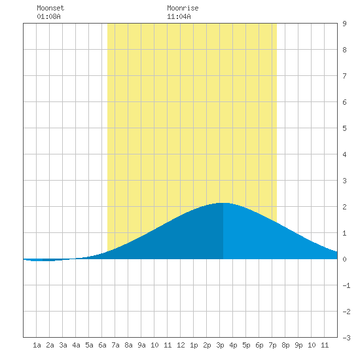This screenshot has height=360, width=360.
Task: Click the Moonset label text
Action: pos(50,8)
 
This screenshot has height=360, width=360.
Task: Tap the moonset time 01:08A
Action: pos(48,16)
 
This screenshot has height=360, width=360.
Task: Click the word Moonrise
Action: pos(183,8)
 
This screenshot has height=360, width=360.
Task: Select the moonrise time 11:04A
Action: pos(179,16)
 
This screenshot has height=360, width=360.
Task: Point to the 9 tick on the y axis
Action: pos(344,24)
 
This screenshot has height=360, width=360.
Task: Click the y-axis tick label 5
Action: pos(344,128)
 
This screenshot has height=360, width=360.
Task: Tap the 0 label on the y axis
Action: pos(344,259)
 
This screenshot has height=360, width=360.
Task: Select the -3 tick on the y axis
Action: pos(346,338)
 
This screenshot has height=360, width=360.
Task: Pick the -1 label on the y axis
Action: pos(346,285)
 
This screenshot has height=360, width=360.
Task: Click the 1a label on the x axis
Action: pos(37,345)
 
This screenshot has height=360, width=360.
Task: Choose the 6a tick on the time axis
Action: pos(102,345)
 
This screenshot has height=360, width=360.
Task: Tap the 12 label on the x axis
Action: pos(181,345)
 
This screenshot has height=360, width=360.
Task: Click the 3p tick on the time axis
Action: pos(220,345)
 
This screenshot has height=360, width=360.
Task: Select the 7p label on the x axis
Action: pos(272,345)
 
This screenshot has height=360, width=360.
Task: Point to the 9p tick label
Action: pos(298,345)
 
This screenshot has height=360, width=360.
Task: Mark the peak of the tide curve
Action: pos(223,203)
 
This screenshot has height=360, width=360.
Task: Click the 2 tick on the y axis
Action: pos(344,207)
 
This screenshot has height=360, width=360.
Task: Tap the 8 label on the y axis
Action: pos(344,50)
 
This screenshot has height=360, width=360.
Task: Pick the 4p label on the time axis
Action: pos(233,345)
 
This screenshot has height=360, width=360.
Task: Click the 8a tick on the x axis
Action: pos(128,345)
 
